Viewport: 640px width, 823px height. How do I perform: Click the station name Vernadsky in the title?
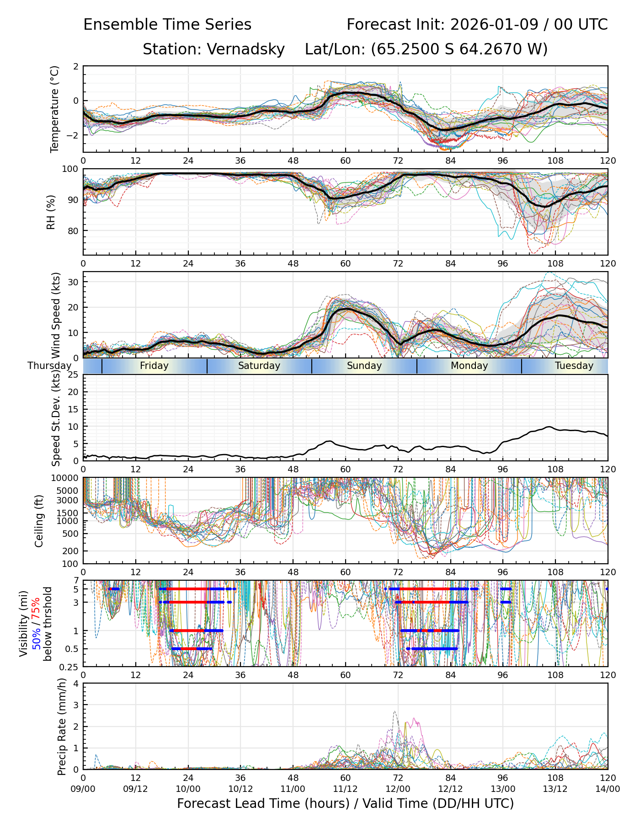click(x=245, y=49)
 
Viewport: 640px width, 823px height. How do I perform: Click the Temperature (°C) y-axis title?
click(x=55, y=109)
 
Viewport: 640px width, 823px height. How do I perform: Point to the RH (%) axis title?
click(x=51, y=212)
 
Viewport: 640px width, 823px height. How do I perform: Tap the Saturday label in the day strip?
click(x=259, y=366)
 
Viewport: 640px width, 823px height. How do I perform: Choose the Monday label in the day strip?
click(x=469, y=366)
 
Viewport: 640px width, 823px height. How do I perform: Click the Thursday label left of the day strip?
click(x=49, y=366)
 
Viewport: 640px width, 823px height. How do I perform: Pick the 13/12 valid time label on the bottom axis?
click(x=555, y=789)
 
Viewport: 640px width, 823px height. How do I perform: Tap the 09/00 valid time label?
click(x=83, y=789)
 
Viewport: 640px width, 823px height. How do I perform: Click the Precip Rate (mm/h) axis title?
click(x=62, y=726)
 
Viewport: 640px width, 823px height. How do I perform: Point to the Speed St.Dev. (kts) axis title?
click(x=56, y=417)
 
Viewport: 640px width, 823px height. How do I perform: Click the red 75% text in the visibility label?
click(x=36, y=610)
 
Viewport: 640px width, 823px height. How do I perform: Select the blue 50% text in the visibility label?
click(x=36, y=637)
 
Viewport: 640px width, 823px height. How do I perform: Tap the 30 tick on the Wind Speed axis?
click(x=74, y=282)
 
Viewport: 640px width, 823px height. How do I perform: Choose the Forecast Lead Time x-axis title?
click(x=345, y=803)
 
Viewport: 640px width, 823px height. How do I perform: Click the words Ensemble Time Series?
click(x=167, y=25)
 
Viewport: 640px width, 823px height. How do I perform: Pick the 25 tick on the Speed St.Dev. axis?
click(x=74, y=375)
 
